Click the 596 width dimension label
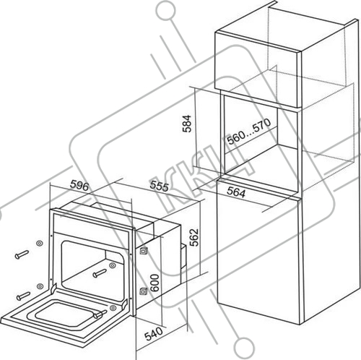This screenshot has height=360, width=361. coord(79,186)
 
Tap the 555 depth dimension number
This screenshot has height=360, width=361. coord(159,186)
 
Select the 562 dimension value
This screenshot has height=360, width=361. coord(194,237)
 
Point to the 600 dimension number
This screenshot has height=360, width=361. coord(155,283)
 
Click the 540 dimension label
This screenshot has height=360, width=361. coord(154,333)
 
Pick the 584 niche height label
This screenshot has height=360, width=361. coord(187,124)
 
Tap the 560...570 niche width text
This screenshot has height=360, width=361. coord(249,132)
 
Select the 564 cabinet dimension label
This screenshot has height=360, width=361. coord(236,192)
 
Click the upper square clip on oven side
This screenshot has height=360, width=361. coord(143,250)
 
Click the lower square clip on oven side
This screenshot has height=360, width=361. coord(143,291)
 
